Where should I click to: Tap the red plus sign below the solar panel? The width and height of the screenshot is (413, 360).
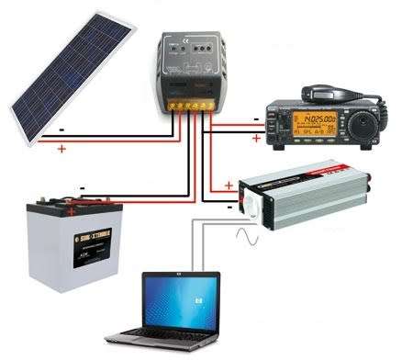point(61,148)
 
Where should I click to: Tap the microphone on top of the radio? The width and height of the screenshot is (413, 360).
point(326,94)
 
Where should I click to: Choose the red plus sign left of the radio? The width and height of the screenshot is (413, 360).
point(254,139)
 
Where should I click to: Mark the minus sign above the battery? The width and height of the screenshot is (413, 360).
point(82,190)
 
